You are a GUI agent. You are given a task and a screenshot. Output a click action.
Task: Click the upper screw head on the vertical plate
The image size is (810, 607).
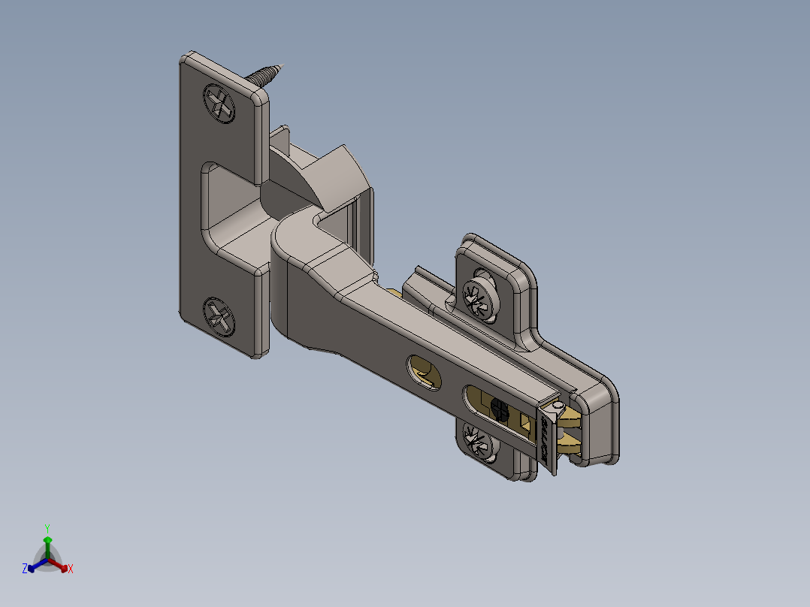pyautogui.click(x=219, y=102)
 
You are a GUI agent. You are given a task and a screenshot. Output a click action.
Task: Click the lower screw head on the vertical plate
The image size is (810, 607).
pyautogui.click(x=219, y=316)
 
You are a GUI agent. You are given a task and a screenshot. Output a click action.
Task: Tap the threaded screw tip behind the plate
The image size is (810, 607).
pyautogui.click(x=267, y=74)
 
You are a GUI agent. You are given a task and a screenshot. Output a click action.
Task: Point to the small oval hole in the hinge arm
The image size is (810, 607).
pyautogui.click(x=424, y=372)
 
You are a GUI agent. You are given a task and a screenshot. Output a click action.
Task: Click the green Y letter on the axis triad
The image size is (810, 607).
pyautogui.click(x=47, y=528)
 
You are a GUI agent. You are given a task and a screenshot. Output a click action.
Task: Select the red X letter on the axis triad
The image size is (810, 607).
pyautogui.click(x=71, y=569)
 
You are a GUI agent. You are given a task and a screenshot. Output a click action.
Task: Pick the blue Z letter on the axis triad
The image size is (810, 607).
pyautogui.click(x=25, y=569)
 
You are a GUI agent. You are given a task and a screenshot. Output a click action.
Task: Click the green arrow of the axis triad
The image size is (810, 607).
pyautogui.click(x=47, y=544)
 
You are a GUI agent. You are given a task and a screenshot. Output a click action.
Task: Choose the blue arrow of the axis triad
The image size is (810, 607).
pyautogui.click(x=33, y=566)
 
